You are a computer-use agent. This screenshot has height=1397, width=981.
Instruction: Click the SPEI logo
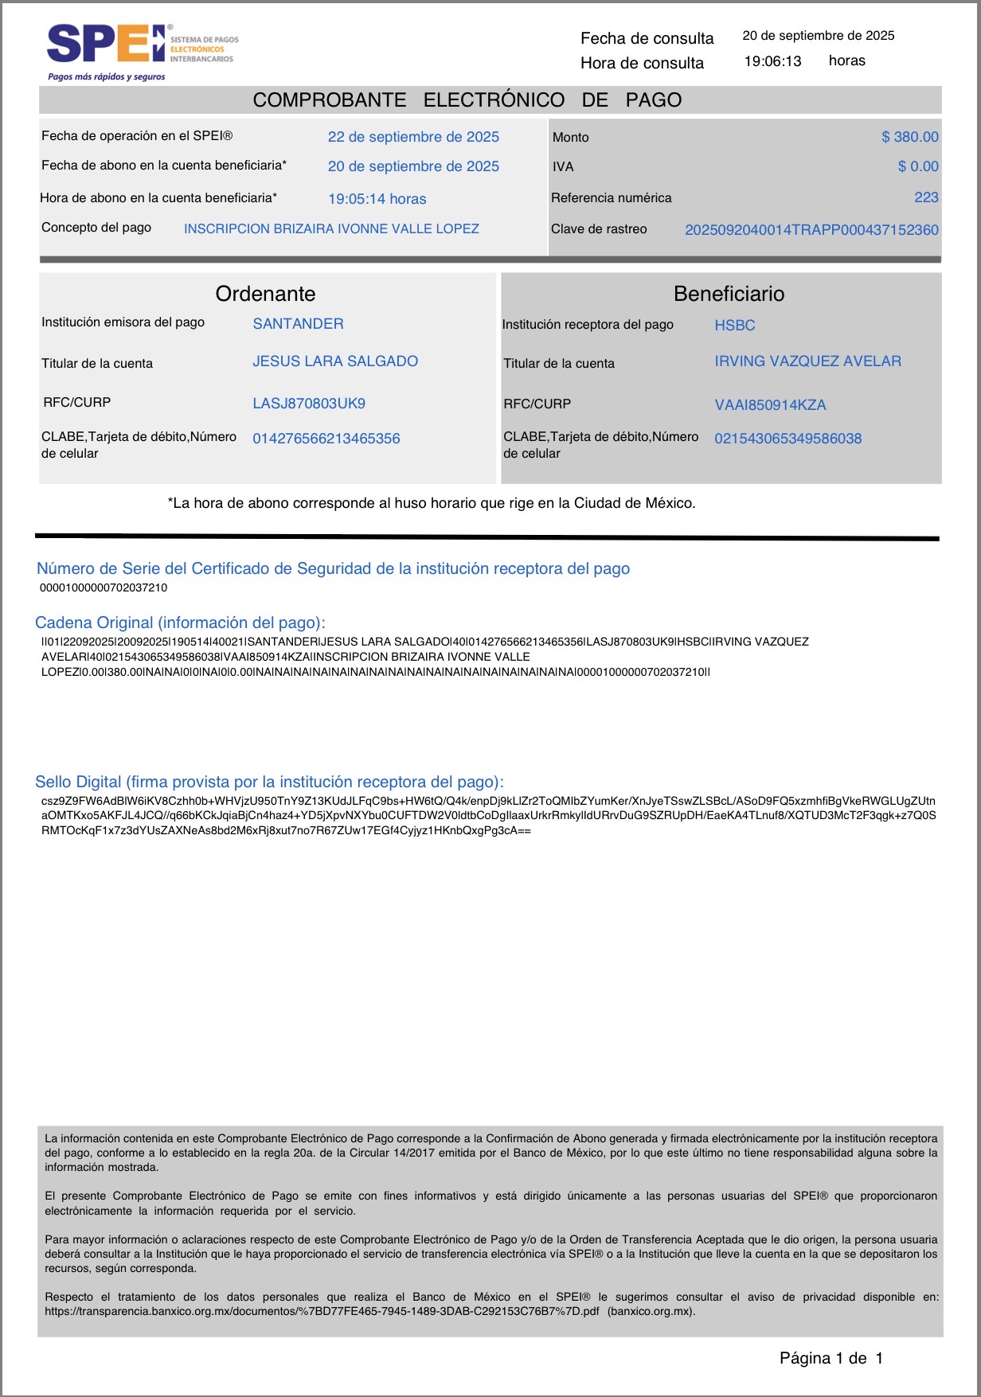point(107,45)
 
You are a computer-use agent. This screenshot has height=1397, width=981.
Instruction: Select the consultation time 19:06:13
point(772,61)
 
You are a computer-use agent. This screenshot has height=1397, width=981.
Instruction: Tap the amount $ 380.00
point(909,137)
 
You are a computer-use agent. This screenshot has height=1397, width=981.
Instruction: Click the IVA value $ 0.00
point(918,166)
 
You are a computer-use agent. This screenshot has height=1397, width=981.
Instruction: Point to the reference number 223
point(926,197)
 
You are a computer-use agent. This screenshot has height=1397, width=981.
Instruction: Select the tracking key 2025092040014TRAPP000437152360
point(811,230)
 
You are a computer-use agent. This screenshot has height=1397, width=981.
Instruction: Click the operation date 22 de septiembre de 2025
point(413,137)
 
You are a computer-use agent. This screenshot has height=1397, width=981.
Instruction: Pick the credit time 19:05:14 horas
point(377,199)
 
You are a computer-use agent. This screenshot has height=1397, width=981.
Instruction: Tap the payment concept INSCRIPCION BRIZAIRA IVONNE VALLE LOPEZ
point(331,229)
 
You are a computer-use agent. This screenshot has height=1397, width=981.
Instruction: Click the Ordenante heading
point(265,294)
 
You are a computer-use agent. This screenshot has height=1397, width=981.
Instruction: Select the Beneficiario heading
point(729,294)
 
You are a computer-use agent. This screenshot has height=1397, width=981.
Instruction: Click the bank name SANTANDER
point(298,324)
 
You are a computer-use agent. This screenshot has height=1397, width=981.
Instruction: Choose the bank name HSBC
point(734,326)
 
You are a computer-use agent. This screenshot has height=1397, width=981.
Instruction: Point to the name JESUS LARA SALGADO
point(335,361)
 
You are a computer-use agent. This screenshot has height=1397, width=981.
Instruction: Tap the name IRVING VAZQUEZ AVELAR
point(807,361)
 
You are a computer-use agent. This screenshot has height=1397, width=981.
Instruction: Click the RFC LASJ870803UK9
point(309,404)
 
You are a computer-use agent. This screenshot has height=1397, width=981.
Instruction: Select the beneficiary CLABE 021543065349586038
point(788,439)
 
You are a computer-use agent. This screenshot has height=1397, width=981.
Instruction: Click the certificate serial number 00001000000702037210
point(104,588)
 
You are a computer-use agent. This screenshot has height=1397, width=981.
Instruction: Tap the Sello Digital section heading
point(269,782)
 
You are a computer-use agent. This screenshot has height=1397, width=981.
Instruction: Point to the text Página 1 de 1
point(831,1358)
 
